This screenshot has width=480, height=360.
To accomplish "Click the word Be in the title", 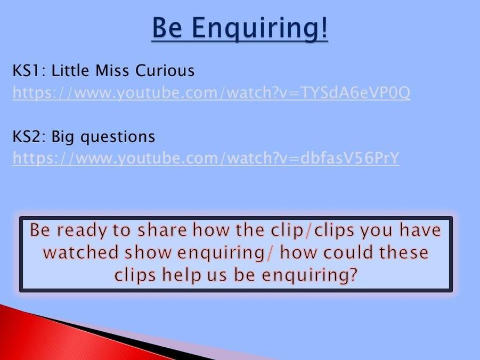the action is click(x=167, y=27).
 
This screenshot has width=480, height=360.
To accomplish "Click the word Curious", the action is click(x=165, y=70).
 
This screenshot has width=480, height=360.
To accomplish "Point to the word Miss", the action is click(x=112, y=70).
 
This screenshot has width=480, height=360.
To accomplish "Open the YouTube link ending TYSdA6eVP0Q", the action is click(x=211, y=93).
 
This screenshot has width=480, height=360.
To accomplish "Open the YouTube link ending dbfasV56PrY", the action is click(x=206, y=158).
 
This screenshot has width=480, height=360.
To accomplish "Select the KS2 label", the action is click(x=29, y=136).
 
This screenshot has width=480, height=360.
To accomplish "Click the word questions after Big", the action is click(x=118, y=137).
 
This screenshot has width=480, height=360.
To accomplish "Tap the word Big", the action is click(x=62, y=137).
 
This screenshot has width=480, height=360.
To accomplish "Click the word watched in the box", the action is click(x=81, y=252).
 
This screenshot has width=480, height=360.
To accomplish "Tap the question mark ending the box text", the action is click(x=353, y=274).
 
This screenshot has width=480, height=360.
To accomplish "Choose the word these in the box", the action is click(x=404, y=252).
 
